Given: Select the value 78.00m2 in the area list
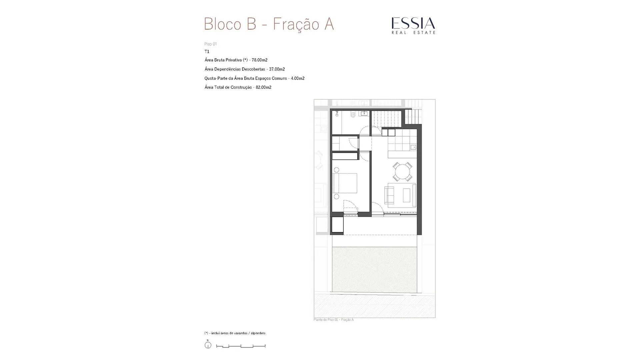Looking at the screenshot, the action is click(x=259, y=60).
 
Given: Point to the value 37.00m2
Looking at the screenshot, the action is click(x=277, y=69).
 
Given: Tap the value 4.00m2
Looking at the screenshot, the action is click(x=298, y=78).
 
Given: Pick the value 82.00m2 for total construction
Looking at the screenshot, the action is click(x=263, y=87).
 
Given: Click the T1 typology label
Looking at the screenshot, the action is click(x=207, y=52).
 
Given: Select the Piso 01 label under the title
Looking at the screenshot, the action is click(x=210, y=44).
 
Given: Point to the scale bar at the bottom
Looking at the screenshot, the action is click(x=241, y=346).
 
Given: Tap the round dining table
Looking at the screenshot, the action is click(x=402, y=172).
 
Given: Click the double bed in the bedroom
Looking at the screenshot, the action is click(x=345, y=183).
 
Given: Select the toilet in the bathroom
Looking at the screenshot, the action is click(x=353, y=114).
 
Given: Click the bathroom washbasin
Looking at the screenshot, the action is click(x=364, y=113).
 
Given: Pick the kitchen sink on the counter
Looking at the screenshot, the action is click(x=413, y=147).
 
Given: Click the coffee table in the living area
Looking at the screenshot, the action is click(x=406, y=195).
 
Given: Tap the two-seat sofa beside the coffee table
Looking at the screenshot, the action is click(x=389, y=195).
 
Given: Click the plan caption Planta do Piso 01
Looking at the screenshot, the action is click(x=334, y=320).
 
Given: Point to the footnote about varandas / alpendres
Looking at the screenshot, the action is click(x=235, y=333).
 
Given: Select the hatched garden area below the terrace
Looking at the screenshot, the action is click(x=374, y=270).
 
